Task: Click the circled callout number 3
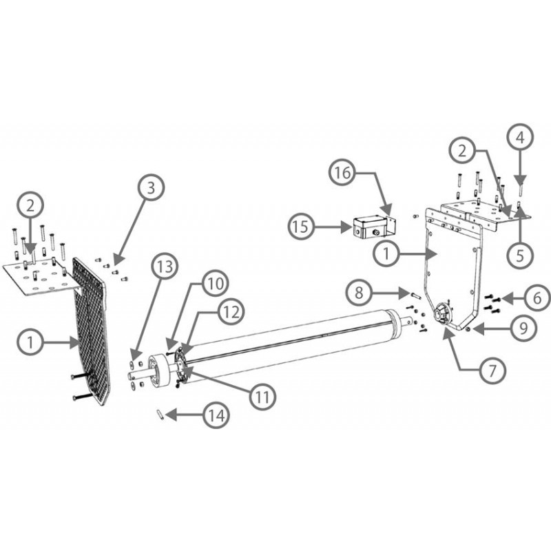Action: [x=151, y=187]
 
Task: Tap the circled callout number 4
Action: [x=520, y=137]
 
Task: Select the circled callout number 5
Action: [x=520, y=256]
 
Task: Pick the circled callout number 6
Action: [x=537, y=298]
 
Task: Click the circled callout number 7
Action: [x=492, y=370]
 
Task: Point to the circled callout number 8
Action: [x=359, y=292]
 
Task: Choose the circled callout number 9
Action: [x=523, y=329]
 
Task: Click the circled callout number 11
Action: [x=262, y=397]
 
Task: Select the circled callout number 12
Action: [x=231, y=312]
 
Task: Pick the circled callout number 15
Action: [x=301, y=227]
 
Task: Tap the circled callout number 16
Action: [x=342, y=173]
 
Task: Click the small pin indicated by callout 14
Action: [x=160, y=415]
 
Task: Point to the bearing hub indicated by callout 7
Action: [x=442, y=313]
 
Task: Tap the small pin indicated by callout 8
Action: [x=415, y=295]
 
